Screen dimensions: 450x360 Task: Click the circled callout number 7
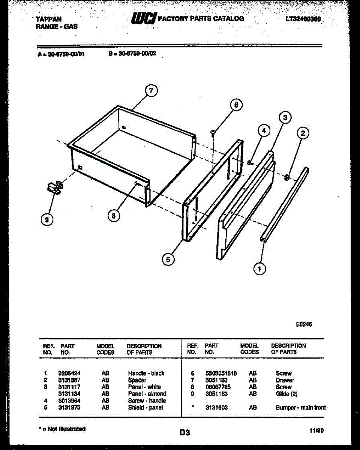tap(150, 91)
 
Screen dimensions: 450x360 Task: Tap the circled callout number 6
tap(236, 105)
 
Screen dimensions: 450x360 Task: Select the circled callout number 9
tap(46, 220)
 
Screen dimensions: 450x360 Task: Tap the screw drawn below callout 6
tap(213, 132)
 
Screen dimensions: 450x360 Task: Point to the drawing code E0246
tap(304, 324)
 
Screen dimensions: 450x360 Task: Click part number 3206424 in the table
tap(69, 373)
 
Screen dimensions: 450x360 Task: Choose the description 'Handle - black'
tap(146, 373)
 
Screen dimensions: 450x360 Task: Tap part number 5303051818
tap(221, 373)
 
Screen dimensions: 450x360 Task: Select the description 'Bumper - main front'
tap(301, 408)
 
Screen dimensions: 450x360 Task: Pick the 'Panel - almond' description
tap(147, 394)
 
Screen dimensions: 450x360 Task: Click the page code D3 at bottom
tap(184, 432)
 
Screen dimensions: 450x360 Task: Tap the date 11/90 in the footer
tap(316, 431)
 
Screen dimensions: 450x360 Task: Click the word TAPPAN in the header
tap(48, 19)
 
